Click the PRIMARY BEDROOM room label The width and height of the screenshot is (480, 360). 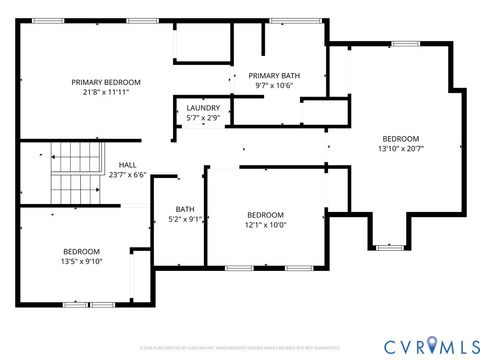click(x=105, y=82)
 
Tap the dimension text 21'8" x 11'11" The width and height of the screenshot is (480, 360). click(x=105, y=91)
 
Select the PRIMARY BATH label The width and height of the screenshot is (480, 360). click(x=272, y=76)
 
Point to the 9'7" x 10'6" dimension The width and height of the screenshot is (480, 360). click(x=272, y=86)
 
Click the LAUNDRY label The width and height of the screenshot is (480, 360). click(x=203, y=109)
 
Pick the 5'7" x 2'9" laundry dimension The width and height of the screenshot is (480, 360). click(x=203, y=118)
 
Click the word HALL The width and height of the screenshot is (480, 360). click(x=127, y=165)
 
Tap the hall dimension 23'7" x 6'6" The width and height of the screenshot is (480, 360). click(x=127, y=174)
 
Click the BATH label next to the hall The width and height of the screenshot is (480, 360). click(x=185, y=209)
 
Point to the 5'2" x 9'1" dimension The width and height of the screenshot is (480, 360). click(x=185, y=218)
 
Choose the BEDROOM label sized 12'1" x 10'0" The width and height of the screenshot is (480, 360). click(x=266, y=215)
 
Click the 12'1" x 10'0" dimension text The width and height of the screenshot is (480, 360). click(x=266, y=225)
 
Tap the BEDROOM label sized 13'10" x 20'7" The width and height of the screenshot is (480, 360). click(x=400, y=139)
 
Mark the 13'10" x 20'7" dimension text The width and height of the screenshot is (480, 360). click(x=400, y=148)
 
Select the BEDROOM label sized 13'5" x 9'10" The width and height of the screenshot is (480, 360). click(x=81, y=251)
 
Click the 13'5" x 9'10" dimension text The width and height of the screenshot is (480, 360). click(x=81, y=261)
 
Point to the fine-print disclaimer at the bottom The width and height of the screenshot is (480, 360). click(x=239, y=348)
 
